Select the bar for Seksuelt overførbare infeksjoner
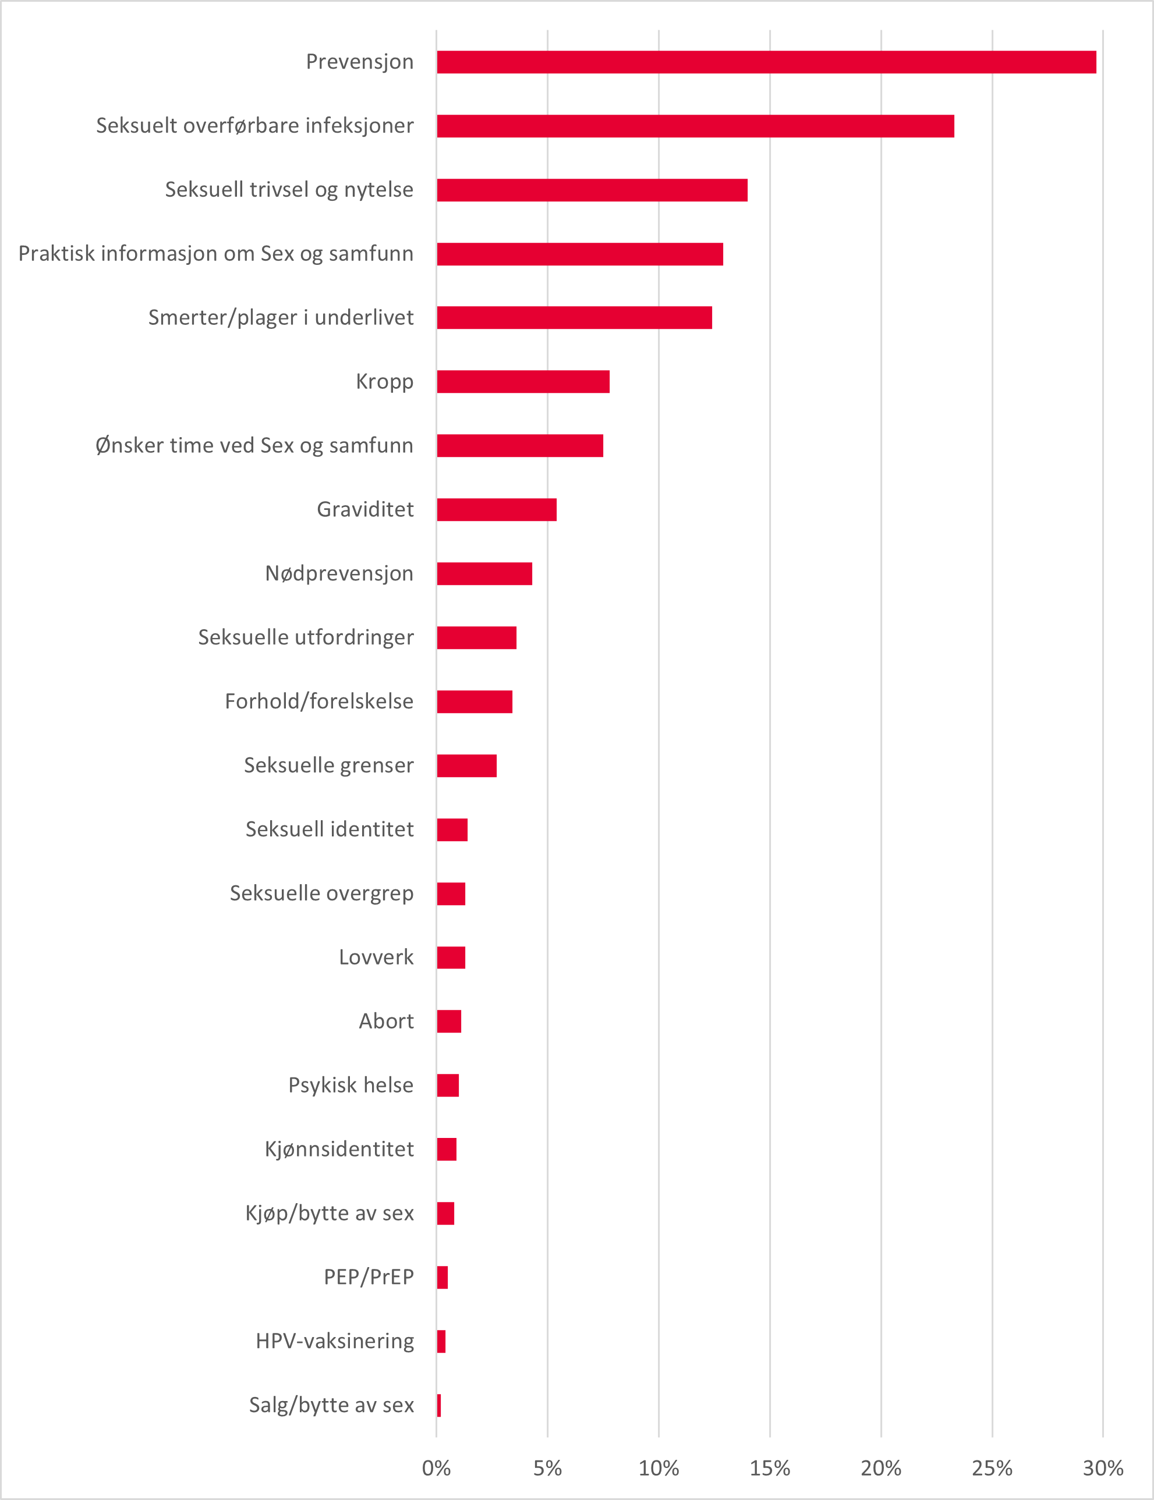point(695,126)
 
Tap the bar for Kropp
point(523,382)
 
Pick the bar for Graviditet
point(497,510)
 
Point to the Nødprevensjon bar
point(484,573)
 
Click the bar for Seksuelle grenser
point(466,766)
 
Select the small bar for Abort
point(448,1022)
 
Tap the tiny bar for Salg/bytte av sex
point(439,1405)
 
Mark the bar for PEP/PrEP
point(443,1278)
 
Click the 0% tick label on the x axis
point(436,1469)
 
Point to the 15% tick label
point(769,1469)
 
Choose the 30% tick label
point(1103,1469)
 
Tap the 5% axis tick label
point(547,1469)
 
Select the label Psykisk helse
point(351,1085)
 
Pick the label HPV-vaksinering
point(335,1341)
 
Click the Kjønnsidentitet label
point(339,1149)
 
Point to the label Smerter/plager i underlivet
point(281,317)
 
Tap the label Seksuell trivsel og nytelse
point(289,190)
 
